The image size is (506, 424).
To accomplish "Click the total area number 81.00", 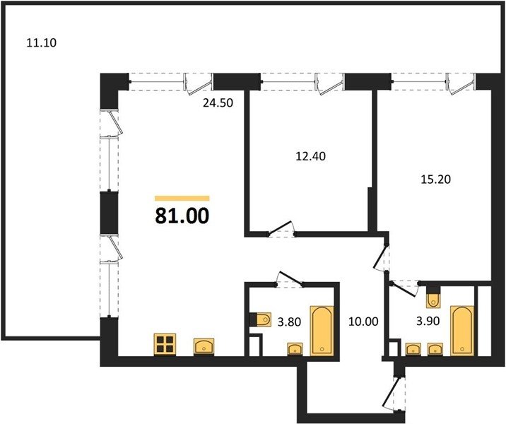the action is (x=182, y=216).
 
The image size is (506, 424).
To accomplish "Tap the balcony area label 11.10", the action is (x=41, y=42).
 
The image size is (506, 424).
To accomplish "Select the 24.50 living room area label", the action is (x=218, y=103).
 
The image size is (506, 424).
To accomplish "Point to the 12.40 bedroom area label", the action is (x=311, y=156).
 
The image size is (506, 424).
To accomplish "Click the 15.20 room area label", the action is (x=435, y=179).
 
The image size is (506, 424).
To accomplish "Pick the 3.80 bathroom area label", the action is (x=290, y=322).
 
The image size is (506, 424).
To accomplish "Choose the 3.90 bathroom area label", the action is (x=428, y=321).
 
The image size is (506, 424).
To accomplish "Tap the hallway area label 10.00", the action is (x=363, y=322).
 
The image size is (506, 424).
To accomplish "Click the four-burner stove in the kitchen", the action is (x=165, y=345).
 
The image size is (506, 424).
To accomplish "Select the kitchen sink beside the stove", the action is (x=204, y=347).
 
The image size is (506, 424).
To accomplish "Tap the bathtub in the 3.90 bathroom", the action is (x=462, y=331).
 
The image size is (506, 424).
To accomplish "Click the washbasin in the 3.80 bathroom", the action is (x=295, y=349).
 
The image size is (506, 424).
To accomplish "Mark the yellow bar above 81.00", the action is (x=182, y=199).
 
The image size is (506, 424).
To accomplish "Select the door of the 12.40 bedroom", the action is (x=280, y=228).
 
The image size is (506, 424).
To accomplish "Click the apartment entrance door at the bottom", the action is (x=391, y=394).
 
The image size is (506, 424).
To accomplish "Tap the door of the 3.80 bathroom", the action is (x=290, y=279).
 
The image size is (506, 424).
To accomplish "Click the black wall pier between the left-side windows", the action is (x=109, y=213).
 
